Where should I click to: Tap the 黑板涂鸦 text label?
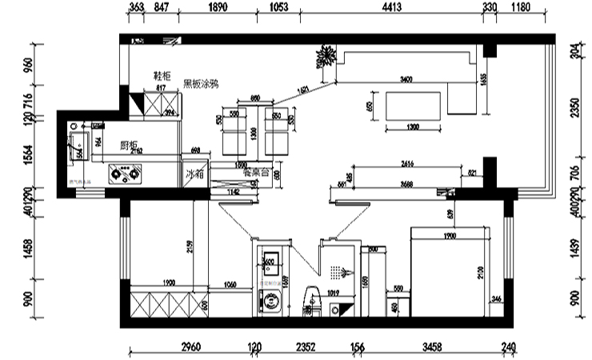click(201, 83)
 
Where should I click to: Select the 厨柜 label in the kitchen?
click(130, 146)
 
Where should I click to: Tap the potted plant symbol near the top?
click(326, 58)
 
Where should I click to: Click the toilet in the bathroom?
click(310, 302)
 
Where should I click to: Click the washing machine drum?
click(272, 302)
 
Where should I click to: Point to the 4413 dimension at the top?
click(391, 7)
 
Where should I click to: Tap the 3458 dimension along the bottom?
click(431, 346)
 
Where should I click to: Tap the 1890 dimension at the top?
click(218, 7)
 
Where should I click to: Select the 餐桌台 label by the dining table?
click(254, 171)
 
